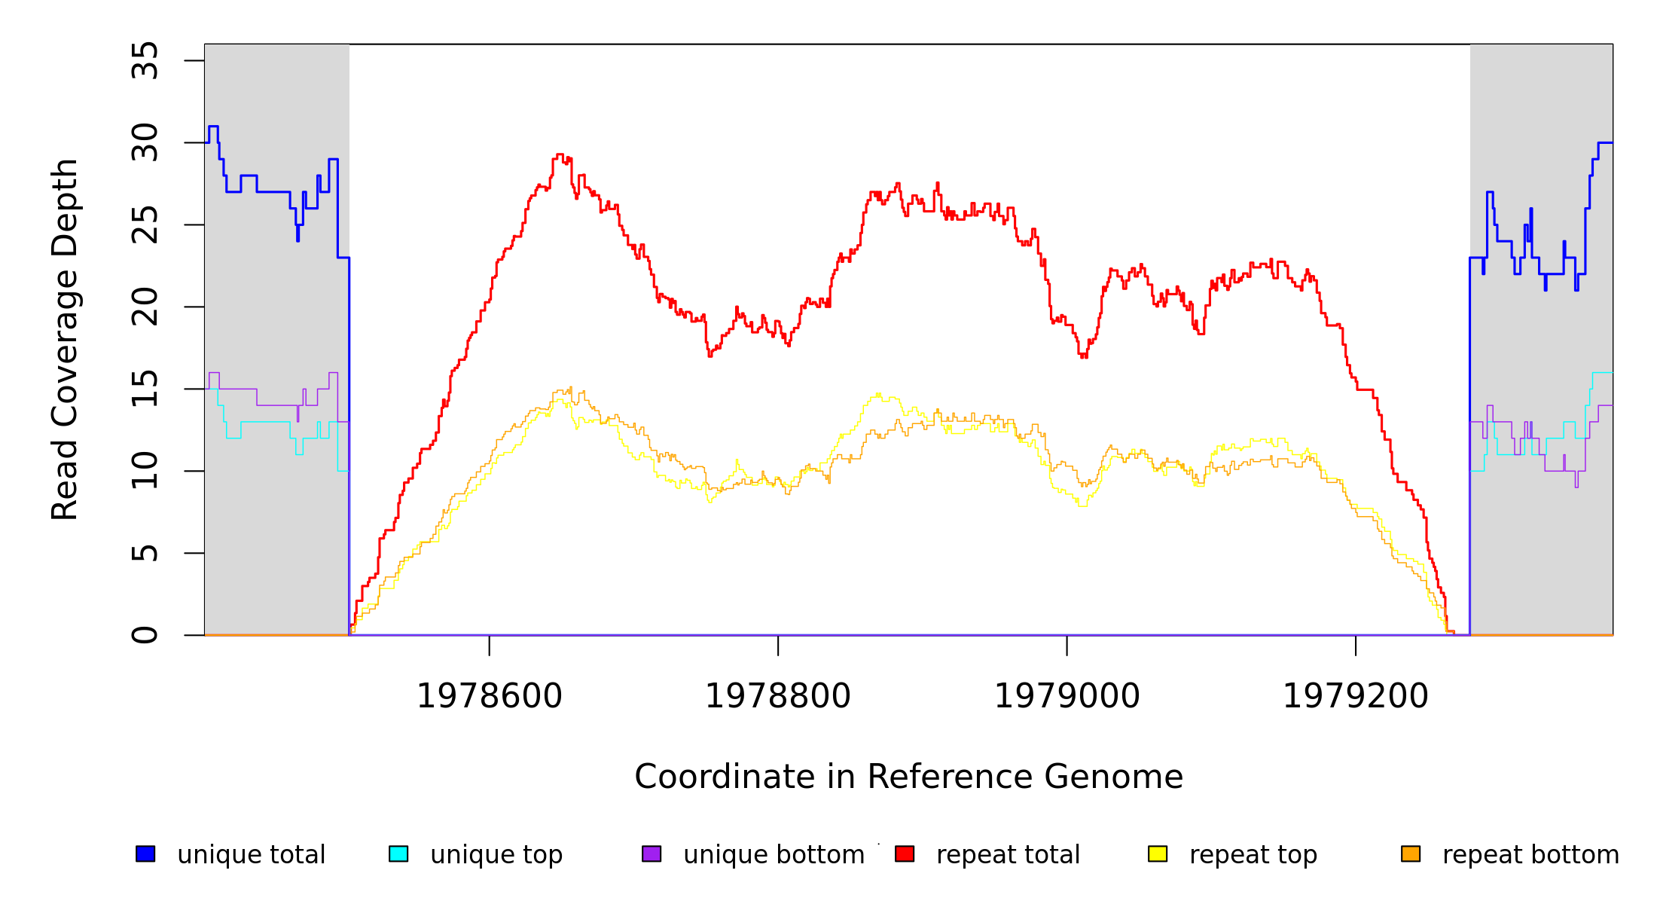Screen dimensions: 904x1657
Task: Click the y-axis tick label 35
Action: (145, 61)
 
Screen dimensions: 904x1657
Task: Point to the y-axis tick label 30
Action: (145, 142)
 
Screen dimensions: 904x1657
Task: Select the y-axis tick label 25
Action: (145, 224)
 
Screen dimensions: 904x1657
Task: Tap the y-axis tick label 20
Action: (145, 307)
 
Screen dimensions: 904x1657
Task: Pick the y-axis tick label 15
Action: (145, 389)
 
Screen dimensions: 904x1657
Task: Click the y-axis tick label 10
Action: (145, 471)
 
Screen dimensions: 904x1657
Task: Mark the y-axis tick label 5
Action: (145, 553)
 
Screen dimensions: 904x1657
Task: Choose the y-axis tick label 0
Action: (145, 635)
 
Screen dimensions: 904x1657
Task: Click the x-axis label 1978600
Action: (490, 696)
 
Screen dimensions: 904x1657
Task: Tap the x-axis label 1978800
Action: (778, 696)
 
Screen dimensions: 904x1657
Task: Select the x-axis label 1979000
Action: (1067, 696)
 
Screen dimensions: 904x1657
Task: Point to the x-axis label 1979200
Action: (1356, 696)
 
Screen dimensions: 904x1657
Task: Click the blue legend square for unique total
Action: (145, 854)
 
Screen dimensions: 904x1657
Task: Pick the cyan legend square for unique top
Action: (398, 854)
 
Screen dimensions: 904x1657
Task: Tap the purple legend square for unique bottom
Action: (652, 854)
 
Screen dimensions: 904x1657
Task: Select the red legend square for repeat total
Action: (905, 854)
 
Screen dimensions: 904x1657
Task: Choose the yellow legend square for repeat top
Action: (1158, 854)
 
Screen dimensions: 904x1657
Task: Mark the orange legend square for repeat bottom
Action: (1411, 854)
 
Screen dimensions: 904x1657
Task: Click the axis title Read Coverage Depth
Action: (65, 339)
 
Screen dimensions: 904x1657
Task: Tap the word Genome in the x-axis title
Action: (1120, 777)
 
